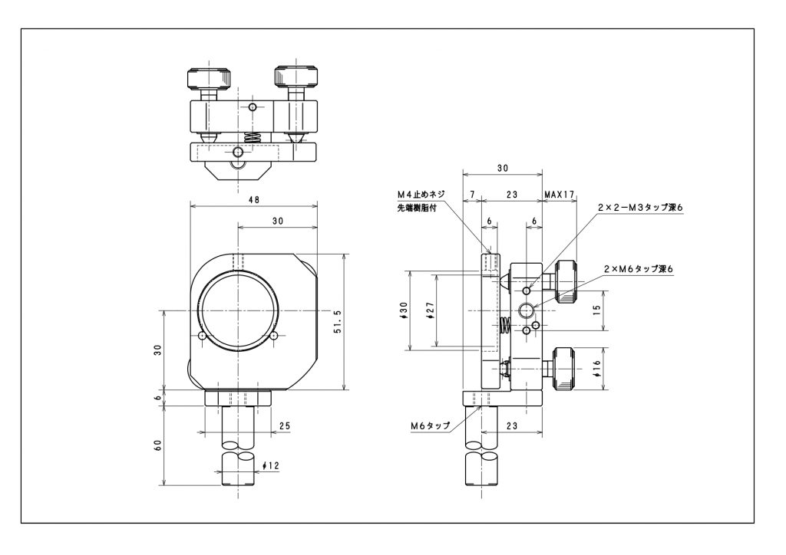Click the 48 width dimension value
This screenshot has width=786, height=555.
pos(254,199)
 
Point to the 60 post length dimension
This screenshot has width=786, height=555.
pos(158,445)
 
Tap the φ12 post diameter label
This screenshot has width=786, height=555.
pos(271,466)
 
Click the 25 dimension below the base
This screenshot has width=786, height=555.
pos(285,426)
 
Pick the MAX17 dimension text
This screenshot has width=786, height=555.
pos(560,194)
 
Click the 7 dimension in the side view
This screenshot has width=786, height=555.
pos(472,194)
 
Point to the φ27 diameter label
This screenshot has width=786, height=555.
pos(430,310)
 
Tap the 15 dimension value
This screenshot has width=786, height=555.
pos(596,310)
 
